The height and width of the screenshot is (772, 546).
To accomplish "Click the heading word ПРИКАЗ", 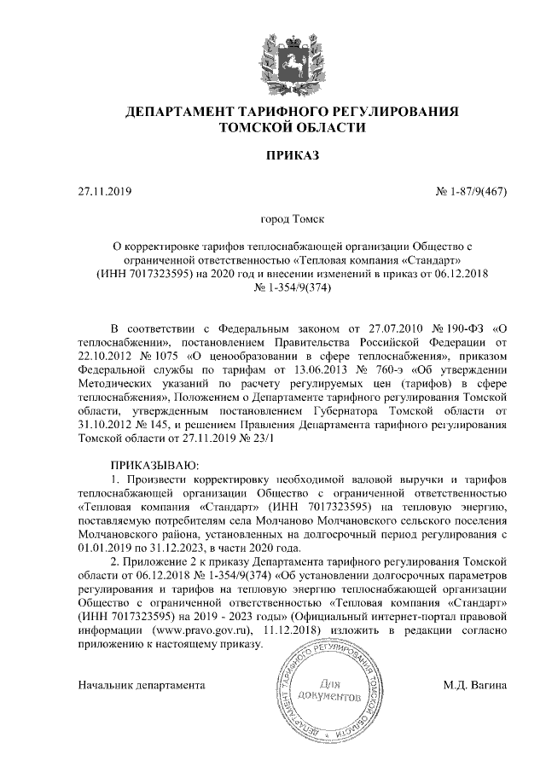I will [x=292, y=155].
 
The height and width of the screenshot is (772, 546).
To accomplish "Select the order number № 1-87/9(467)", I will [x=472, y=190].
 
